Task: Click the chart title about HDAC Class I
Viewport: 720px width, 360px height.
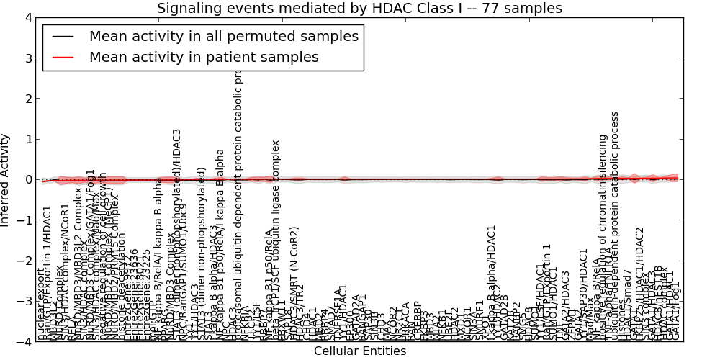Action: pyautogui.click(x=359, y=9)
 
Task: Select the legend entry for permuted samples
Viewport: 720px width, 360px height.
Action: pyautogui.click(x=223, y=36)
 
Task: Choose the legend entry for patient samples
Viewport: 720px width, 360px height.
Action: pyautogui.click(x=204, y=57)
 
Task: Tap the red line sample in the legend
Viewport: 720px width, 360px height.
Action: pyautogui.click(x=64, y=57)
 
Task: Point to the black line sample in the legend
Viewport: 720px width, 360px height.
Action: pyautogui.click(x=64, y=36)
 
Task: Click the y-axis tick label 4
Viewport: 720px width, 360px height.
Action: pyautogui.click(x=27, y=18)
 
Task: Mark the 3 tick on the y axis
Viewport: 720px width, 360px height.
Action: pyautogui.click(x=27, y=58)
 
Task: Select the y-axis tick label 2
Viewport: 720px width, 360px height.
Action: pyautogui.click(x=27, y=99)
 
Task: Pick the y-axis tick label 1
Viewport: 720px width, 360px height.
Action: pyautogui.click(x=27, y=140)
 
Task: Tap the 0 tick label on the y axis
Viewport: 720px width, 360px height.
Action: pyautogui.click(x=27, y=180)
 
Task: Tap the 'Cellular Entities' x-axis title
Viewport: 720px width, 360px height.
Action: pyautogui.click(x=359, y=351)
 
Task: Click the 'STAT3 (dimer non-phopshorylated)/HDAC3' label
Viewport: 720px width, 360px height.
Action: pyautogui.click(x=176, y=230)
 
